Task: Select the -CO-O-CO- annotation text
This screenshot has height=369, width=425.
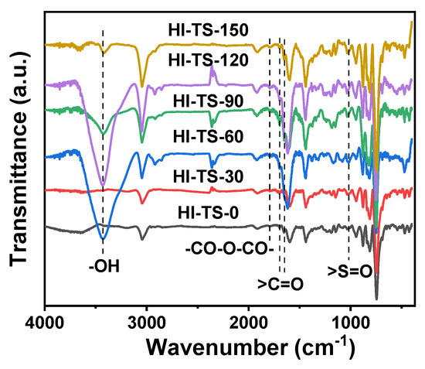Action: coord(227,250)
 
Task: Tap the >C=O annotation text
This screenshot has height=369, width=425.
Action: coord(280,285)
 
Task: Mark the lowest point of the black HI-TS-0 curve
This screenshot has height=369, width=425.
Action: coord(376,298)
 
